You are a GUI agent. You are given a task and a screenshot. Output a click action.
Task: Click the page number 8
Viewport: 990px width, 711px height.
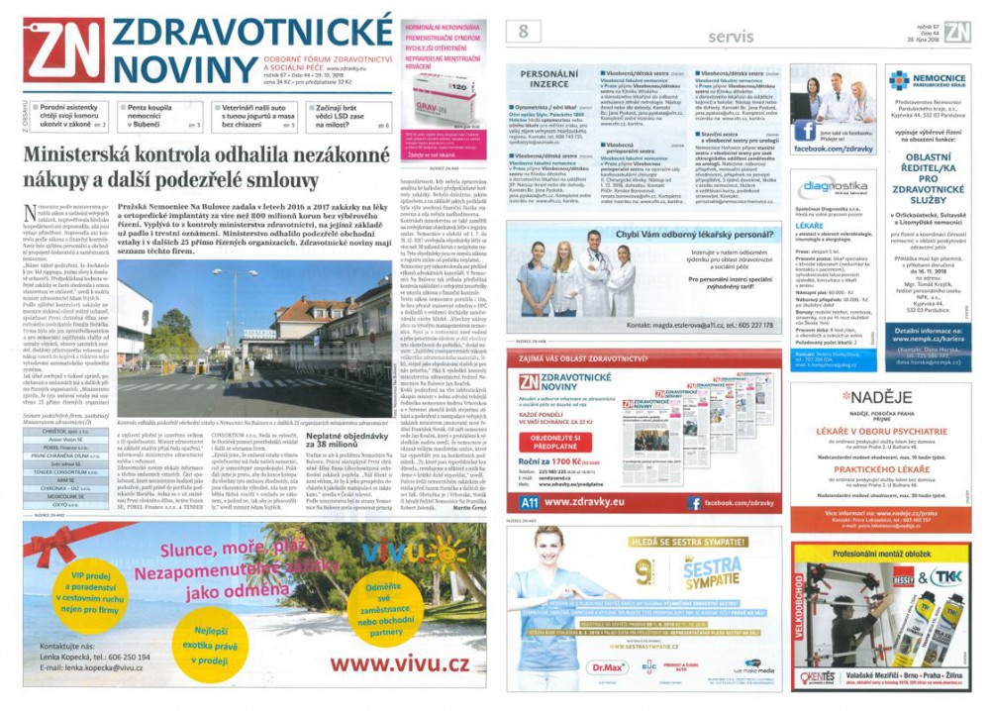coord(522,31)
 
